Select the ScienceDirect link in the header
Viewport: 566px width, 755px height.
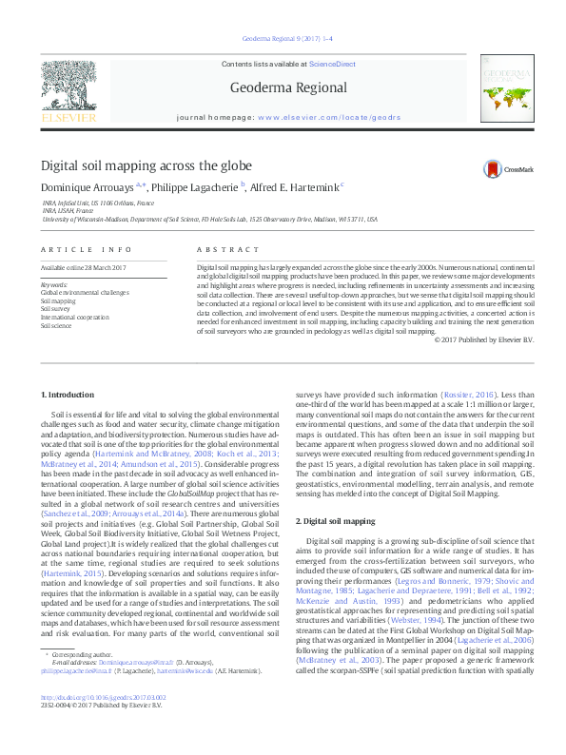[332, 64]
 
